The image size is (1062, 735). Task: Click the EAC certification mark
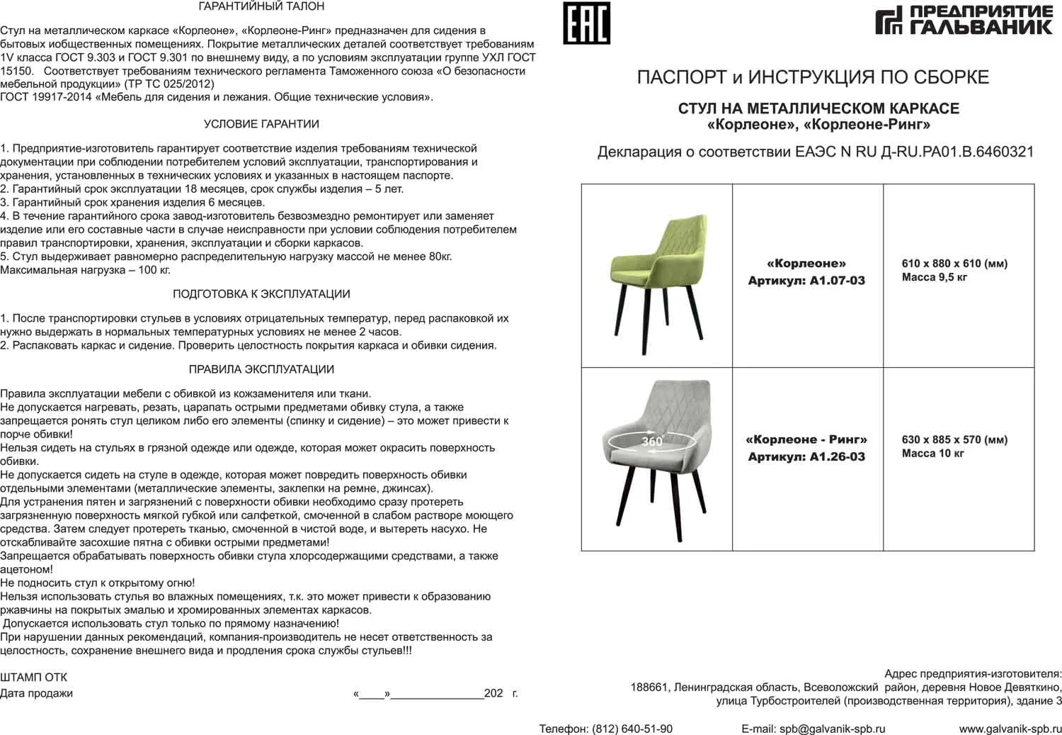[x=586, y=23]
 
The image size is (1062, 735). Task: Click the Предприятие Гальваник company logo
[x=964, y=20]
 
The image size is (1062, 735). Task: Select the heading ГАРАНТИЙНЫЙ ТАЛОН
[x=261, y=6]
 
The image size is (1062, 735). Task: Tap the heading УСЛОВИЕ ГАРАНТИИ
[x=261, y=124]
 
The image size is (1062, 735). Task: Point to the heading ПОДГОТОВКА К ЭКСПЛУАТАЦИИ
[x=261, y=294]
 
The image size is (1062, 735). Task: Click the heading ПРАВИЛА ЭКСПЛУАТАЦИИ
[x=261, y=369]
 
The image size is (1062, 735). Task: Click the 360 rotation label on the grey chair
[x=651, y=442]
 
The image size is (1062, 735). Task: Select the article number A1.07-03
[x=838, y=281]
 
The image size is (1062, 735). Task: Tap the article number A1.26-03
[x=838, y=457]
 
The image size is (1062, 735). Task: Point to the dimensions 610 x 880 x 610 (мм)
[x=954, y=264]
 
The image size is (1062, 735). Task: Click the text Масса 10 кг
[x=932, y=454]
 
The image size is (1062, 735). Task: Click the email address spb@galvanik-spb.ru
[x=832, y=729]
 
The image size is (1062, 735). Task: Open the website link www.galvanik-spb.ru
[x=1010, y=729]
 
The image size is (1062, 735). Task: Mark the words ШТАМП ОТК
[x=34, y=678]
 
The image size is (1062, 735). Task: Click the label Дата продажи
[x=36, y=693]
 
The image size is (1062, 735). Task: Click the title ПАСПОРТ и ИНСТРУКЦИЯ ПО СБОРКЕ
[x=813, y=77]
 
